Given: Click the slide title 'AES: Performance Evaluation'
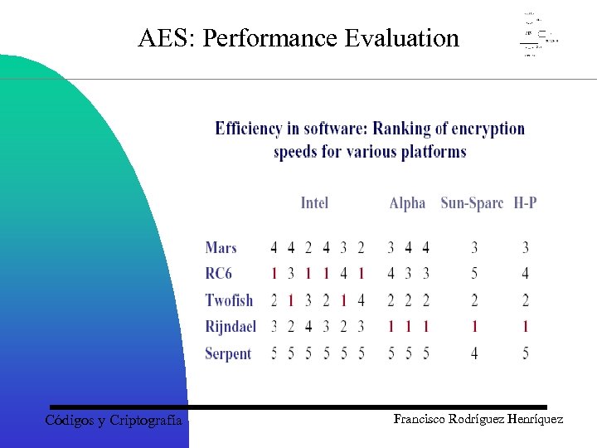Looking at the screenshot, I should pyautogui.click(x=298, y=38).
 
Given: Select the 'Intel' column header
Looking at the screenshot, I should pyautogui.click(x=314, y=203).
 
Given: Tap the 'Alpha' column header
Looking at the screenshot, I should pyautogui.click(x=407, y=203).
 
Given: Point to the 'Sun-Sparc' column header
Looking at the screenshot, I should pyautogui.click(x=472, y=203).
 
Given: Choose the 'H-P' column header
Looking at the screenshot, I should pyautogui.click(x=525, y=203).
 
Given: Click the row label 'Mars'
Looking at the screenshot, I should pyautogui.click(x=221, y=248).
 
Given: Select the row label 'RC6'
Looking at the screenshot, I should pyautogui.click(x=219, y=274).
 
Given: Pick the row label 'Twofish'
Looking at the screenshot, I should pyautogui.click(x=229, y=300).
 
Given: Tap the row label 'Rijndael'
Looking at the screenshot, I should pyautogui.click(x=231, y=327).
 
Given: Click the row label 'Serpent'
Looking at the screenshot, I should pyautogui.click(x=228, y=354).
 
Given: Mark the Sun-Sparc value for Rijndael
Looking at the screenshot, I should pyautogui.click(x=474, y=327).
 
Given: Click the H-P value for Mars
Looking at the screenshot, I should pyautogui.click(x=526, y=248).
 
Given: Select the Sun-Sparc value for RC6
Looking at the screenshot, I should pyautogui.click(x=474, y=274).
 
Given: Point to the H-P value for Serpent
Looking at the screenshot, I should pyautogui.click(x=526, y=354).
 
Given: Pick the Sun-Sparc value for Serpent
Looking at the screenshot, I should pyautogui.click(x=474, y=354).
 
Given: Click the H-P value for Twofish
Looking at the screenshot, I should pyautogui.click(x=526, y=300).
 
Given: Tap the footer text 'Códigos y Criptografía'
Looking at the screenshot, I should pyautogui.click(x=114, y=421).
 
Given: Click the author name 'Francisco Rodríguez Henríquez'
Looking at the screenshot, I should pyautogui.click(x=478, y=420).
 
